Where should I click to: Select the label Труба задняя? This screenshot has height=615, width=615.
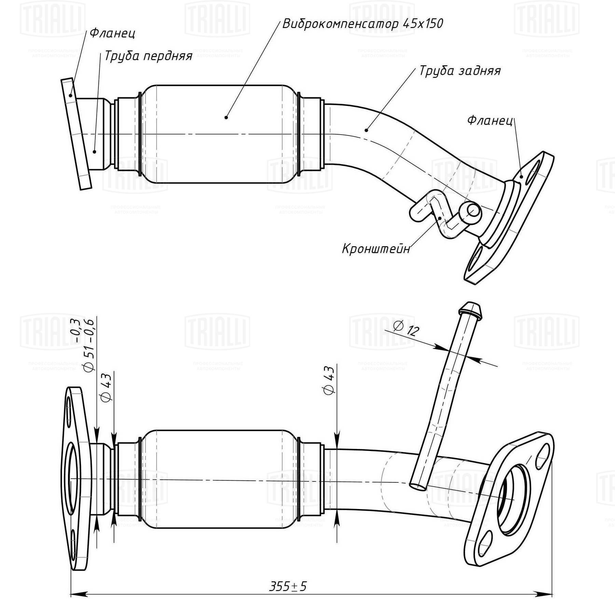(460, 71)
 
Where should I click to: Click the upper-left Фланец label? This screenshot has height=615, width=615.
(112, 33)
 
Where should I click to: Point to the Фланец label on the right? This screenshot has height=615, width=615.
(490, 120)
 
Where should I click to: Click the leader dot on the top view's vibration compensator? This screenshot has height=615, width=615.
(226, 118)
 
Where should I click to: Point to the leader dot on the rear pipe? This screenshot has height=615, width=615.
(366, 130)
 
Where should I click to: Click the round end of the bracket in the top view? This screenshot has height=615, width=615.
(473, 210)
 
